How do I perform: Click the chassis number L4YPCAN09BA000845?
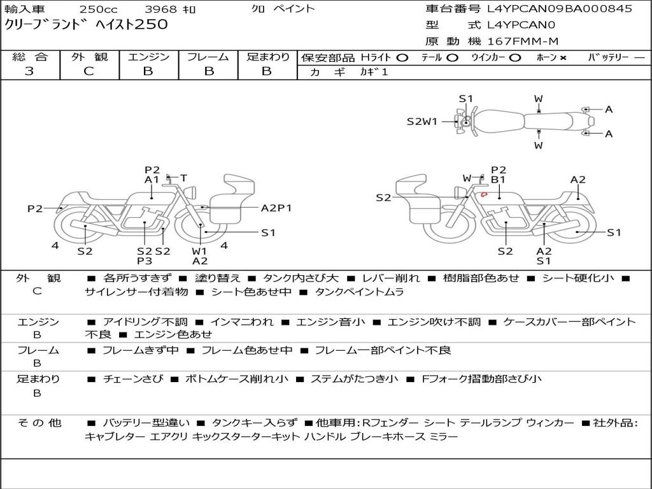click(560, 9)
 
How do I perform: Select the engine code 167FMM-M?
click(523, 41)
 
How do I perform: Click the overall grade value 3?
click(29, 71)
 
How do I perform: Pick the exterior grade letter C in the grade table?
click(89, 71)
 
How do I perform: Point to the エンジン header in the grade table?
click(148, 57)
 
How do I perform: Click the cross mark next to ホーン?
click(563, 58)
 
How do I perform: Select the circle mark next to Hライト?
click(402, 58)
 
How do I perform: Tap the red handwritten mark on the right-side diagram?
click(484, 194)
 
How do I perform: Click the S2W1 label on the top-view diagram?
click(422, 122)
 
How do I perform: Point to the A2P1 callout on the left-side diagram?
click(276, 208)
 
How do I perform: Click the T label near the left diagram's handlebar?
click(183, 178)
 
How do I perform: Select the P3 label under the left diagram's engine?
click(145, 261)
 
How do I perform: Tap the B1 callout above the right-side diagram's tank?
click(498, 180)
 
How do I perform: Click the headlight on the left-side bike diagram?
click(192, 192)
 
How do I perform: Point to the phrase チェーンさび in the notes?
click(133, 379)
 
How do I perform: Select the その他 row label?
click(39, 423)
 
